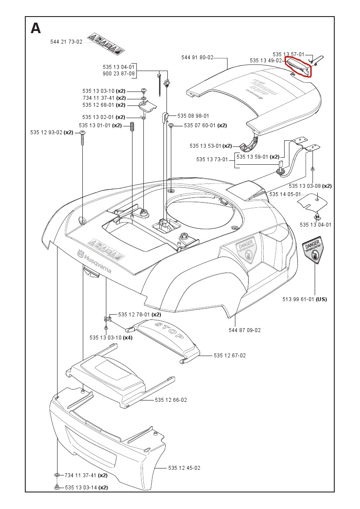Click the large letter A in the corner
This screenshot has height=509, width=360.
[x=36, y=29]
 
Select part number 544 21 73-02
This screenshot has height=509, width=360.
[x=66, y=42]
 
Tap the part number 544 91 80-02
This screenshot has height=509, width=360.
[x=197, y=58]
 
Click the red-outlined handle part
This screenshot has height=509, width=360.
[x=299, y=66]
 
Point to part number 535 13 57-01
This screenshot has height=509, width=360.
[x=289, y=54]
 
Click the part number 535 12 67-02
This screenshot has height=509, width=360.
[x=230, y=356]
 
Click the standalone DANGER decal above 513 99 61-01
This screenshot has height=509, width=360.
[x=315, y=252]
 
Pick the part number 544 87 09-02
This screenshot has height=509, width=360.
[x=245, y=330]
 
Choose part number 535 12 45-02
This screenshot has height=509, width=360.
[x=184, y=468]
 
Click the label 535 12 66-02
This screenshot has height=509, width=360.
[x=171, y=400]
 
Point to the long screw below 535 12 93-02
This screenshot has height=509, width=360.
[x=83, y=139]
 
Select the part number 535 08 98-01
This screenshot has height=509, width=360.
[x=193, y=116]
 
